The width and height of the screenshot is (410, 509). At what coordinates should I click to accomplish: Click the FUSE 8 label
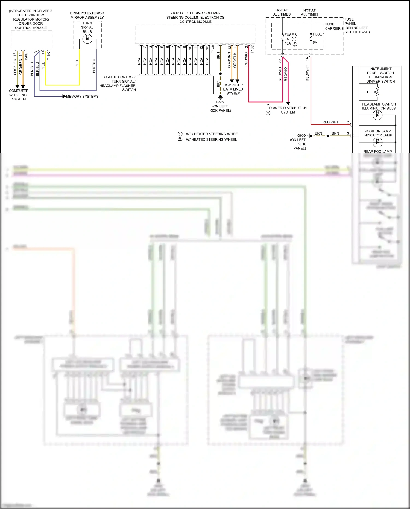[x=290, y=35]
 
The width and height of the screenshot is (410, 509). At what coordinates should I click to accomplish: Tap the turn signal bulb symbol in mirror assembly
[x=87, y=39]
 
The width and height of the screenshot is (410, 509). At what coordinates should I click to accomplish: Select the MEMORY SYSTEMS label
[x=82, y=97]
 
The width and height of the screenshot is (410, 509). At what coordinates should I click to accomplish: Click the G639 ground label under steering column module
[x=220, y=102]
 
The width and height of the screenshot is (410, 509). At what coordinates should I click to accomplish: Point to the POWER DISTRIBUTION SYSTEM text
[x=288, y=110]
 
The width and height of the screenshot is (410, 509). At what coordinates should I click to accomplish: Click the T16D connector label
[x=252, y=49]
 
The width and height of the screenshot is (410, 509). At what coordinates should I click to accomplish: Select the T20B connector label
[x=26, y=56]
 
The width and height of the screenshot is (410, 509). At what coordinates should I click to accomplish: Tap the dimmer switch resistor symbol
[x=377, y=92]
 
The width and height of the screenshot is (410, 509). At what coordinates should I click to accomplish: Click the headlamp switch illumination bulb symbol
[x=377, y=115]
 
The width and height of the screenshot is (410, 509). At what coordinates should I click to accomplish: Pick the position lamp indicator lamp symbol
[x=377, y=142]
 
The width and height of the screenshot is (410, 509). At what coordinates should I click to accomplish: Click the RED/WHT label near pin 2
[x=330, y=122]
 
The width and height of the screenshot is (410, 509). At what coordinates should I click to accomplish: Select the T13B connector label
[x=213, y=49]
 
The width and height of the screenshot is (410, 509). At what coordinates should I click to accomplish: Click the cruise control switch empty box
[x=175, y=85]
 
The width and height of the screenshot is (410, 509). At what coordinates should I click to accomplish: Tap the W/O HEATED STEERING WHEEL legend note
[x=212, y=134]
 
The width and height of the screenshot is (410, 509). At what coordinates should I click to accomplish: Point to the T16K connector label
[x=49, y=56]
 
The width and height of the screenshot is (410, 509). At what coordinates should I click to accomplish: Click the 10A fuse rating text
[x=288, y=43]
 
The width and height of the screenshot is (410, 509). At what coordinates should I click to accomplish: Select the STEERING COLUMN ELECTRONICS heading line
[x=195, y=18]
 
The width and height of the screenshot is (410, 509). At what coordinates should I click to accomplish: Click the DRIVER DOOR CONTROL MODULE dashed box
[x=31, y=40]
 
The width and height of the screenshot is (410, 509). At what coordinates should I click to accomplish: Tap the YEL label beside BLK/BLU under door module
[x=43, y=66]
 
